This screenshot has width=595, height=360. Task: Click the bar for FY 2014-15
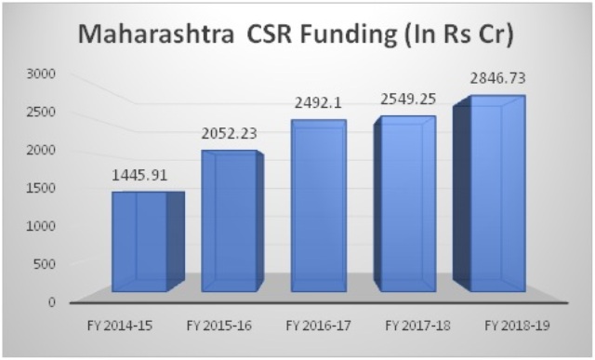(148, 242)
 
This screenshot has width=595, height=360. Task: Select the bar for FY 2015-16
(232, 221)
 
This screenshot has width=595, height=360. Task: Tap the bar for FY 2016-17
(319, 206)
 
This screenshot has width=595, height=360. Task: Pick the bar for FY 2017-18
(404, 204)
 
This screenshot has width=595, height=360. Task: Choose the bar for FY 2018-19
(489, 193)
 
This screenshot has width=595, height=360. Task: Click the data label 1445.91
(139, 176)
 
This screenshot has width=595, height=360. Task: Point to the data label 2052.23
(230, 134)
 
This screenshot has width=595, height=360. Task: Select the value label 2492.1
(318, 103)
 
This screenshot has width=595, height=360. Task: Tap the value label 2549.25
(408, 100)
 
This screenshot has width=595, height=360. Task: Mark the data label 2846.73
(498, 78)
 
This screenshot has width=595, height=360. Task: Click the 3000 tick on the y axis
(41, 73)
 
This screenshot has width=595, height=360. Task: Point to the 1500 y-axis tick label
(41, 188)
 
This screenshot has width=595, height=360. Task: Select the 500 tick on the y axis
(45, 263)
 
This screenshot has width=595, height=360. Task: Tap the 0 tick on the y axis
(52, 302)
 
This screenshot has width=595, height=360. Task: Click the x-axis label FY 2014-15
(120, 326)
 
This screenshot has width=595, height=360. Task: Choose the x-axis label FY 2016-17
(318, 326)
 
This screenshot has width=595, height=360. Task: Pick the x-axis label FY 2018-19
(517, 326)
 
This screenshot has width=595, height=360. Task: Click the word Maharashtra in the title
(156, 34)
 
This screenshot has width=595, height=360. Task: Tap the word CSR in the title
(269, 34)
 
